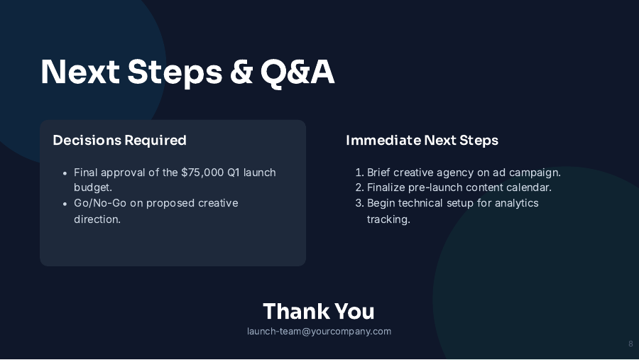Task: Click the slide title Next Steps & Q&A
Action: [x=187, y=72]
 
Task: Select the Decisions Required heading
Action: [x=119, y=140]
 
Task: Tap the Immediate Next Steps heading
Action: [x=422, y=140]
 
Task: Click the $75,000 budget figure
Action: [x=202, y=173]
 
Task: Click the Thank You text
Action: [x=319, y=311]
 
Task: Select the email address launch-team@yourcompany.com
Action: [x=319, y=332]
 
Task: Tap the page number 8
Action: [x=630, y=344]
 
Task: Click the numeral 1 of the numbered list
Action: [x=359, y=173]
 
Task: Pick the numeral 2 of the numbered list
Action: [x=359, y=187]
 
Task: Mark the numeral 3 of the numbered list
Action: [x=359, y=203]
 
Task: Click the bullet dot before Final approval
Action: [x=65, y=173]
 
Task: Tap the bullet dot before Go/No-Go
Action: [x=65, y=204]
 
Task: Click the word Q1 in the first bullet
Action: [x=236, y=173]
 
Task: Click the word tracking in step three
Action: [x=388, y=219]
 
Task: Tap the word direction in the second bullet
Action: [x=97, y=219]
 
